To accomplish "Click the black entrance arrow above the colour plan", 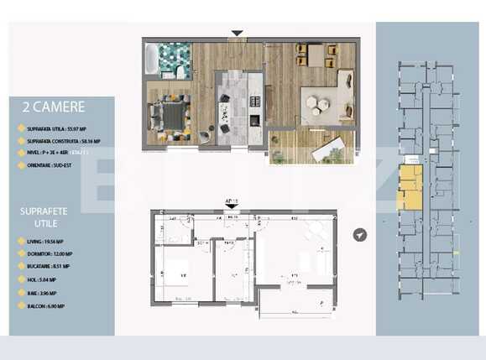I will pyautogui.click(x=238, y=34).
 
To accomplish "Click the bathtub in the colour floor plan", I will pyautogui.click(x=152, y=60).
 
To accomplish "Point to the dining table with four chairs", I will pyautogui.click(x=318, y=55).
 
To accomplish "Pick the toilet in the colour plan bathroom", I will pyautogui.click(x=180, y=72).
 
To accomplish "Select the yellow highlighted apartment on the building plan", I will pyautogui.click(x=410, y=187).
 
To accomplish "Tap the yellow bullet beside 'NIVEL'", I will pyautogui.click(x=20, y=154).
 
